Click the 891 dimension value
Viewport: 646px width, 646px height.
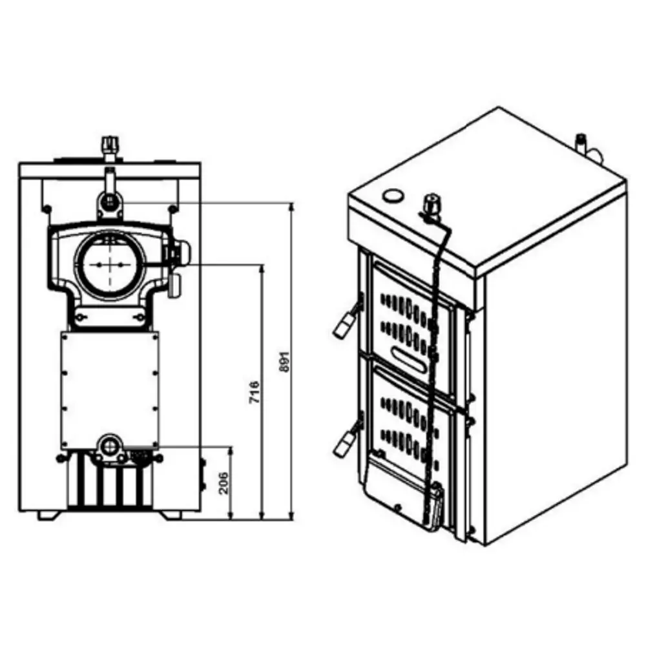(x=285, y=362)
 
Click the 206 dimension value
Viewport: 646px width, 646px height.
(x=223, y=484)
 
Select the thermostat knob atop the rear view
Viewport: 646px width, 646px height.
(x=110, y=144)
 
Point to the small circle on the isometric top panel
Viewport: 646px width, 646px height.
(x=393, y=196)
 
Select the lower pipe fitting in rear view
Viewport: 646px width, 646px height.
(x=110, y=447)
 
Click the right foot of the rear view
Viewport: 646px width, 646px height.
(x=171, y=516)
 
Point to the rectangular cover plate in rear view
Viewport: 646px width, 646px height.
(x=110, y=390)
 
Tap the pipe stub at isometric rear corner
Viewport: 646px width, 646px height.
(x=587, y=149)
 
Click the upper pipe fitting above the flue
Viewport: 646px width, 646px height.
(x=110, y=197)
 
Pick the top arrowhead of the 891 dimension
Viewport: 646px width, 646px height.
(x=292, y=207)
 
